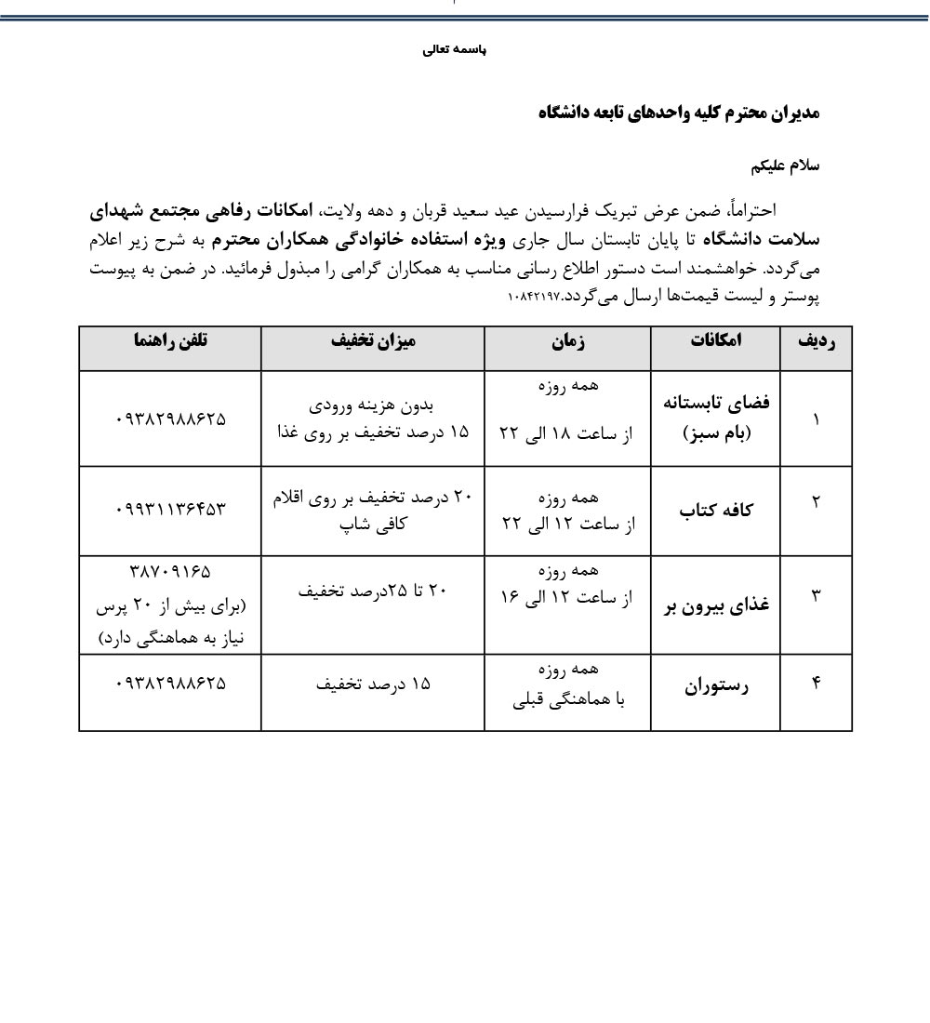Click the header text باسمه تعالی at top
[454, 50]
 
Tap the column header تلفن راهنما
[170, 340]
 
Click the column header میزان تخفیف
[373, 340]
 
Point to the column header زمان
[567, 341]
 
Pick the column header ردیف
[817, 341]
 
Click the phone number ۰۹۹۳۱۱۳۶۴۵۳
[171, 509]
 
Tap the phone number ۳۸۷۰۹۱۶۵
[171, 570]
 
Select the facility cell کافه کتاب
[716, 510]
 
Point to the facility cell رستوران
[716, 687]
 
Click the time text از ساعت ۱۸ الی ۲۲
[565, 433]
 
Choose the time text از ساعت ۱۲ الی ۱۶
[565, 597]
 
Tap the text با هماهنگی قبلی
[568, 699]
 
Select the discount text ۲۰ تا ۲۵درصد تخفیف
[373, 589]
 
